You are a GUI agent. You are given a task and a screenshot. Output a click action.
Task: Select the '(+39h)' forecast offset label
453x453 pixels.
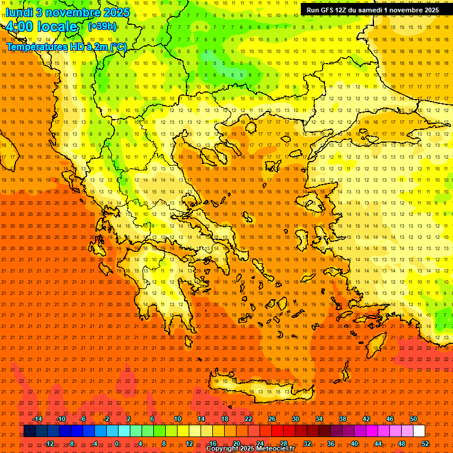102,27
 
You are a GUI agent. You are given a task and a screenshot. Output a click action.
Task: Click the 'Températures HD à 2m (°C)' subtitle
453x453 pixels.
66,47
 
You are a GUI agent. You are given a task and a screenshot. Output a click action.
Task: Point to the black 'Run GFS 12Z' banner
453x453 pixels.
372,10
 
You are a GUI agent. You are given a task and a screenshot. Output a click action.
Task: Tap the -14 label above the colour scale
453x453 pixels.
37,419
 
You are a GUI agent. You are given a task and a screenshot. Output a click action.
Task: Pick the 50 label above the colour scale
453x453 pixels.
413,419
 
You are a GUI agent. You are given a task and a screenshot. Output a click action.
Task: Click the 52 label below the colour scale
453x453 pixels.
425,444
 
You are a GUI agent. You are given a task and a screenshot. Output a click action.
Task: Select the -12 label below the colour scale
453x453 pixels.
49,444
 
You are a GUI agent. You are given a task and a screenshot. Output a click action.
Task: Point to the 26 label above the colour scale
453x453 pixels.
272,419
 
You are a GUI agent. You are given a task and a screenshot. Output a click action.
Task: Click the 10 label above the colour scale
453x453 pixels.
177,419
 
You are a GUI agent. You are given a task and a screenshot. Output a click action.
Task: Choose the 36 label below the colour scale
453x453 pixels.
331,444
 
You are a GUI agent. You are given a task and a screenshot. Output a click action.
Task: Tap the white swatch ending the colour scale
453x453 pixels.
419,431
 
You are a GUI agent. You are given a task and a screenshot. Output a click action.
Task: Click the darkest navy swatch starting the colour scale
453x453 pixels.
29,431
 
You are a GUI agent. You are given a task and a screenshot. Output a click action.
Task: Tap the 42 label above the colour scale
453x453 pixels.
366,419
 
